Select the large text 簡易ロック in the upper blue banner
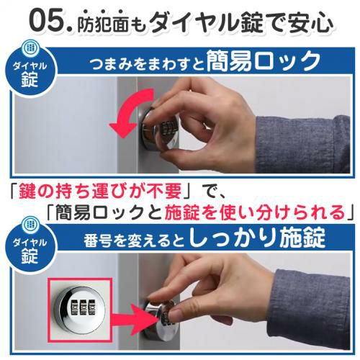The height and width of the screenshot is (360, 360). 264,61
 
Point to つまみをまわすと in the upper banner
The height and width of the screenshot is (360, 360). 148,63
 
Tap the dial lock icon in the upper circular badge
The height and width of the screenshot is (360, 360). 30,48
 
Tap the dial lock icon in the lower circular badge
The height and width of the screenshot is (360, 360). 30,225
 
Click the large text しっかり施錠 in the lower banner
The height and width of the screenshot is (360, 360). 257,237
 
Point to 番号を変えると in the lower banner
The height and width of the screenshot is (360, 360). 135,240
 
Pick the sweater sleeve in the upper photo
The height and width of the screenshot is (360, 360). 302,145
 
